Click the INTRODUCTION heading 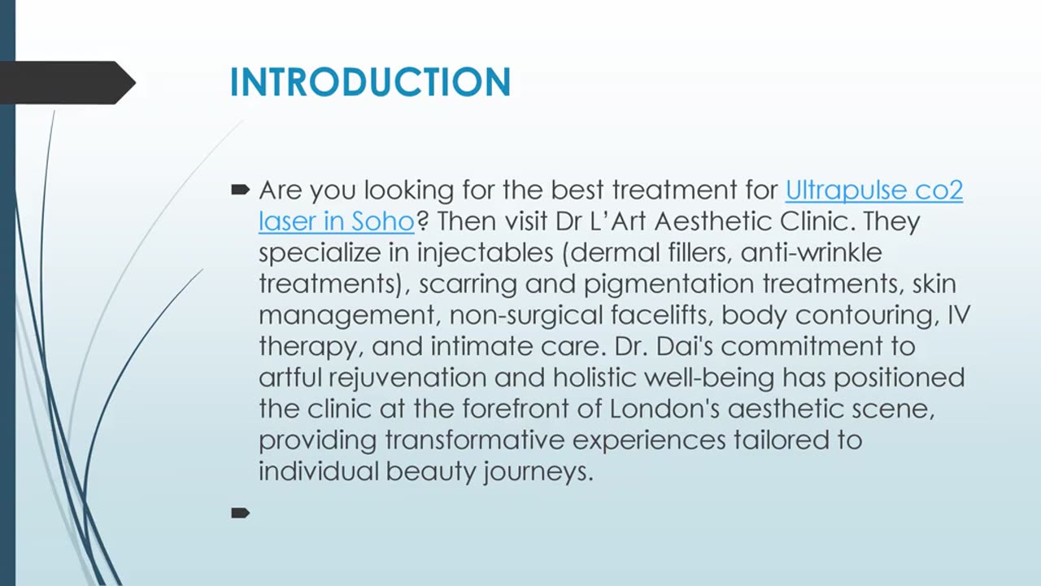click(370, 83)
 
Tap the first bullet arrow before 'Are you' click(240, 190)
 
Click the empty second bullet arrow click(240, 513)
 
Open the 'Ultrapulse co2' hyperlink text click(873, 190)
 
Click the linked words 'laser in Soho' click(336, 221)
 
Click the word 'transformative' click(475, 440)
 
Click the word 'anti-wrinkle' click(811, 252)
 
